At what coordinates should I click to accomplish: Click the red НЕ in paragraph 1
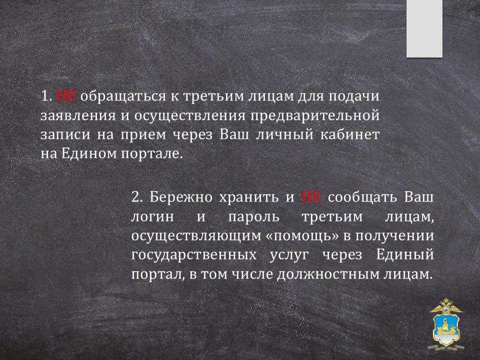tap(66, 96)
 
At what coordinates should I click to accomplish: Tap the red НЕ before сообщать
tap(311, 197)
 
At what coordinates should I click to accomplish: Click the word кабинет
tap(350, 134)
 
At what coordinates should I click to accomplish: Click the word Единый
tap(404, 255)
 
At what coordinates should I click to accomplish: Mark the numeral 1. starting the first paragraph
tap(46, 96)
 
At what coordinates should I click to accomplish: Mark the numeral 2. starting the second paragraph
tap(137, 197)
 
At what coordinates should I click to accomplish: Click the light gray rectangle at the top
tap(424, 28)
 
